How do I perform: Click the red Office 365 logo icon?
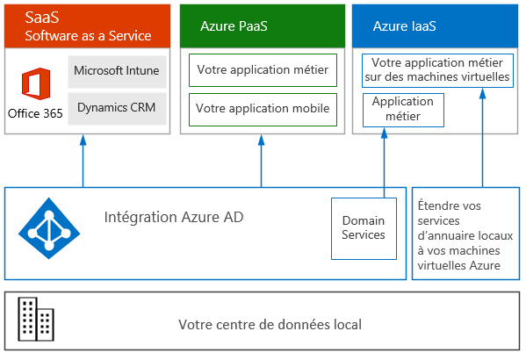pyautogui.click(x=36, y=84)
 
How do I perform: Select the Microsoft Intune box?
pyautogui.click(x=117, y=72)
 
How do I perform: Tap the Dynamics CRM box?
pyautogui.click(x=117, y=109)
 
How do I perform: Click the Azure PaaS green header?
pyautogui.click(x=263, y=25)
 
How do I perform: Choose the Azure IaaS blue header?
pyautogui.click(x=435, y=25)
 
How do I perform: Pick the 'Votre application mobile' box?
pyautogui.click(x=263, y=110)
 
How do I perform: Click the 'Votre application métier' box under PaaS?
pyautogui.click(x=263, y=70)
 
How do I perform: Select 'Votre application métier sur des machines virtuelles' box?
pyautogui.click(x=437, y=70)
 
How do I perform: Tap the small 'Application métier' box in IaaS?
pyautogui.click(x=403, y=110)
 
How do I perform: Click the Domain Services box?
pyautogui.click(x=364, y=228)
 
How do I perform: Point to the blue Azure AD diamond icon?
pyautogui.click(x=49, y=228)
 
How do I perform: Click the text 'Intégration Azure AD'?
pyautogui.click(x=174, y=217)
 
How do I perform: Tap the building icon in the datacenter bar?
pyautogui.click(x=36, y=319)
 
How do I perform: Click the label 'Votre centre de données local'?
pyautogui.click(x=270, y=324)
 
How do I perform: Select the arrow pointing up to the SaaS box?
pyautogui.click(x=83, y=161)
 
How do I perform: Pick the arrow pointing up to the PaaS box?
pyautogui.click(x=261, y=161)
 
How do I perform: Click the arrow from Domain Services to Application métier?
pyautogui.click(x=384, y=162)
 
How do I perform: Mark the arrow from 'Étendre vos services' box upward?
pyautogui.click(x=482, y=138)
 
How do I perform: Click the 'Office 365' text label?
pyautogui.click(x=35, y=113)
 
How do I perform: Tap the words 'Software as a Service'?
pyautogui.click(x=88, y=36)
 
